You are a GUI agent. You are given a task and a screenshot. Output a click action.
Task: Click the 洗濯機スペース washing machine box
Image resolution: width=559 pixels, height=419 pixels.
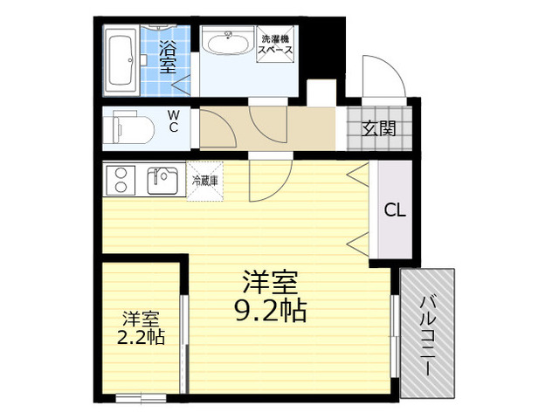pyautogui.click(x=275, y=45)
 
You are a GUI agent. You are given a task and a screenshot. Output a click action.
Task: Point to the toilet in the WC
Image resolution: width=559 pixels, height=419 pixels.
pyautogui.click(x=129, y=127)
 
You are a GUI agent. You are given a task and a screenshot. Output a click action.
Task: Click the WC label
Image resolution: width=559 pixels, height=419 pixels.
pyautogui.click(x=173, y=120)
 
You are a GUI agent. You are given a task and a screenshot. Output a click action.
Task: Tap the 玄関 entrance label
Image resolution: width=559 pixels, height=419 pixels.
pyautogui.click(x=378, y=128)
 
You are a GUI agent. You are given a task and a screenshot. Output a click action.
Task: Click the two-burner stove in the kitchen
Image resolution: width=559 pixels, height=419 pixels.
pyautogui.click(x=121, y=181)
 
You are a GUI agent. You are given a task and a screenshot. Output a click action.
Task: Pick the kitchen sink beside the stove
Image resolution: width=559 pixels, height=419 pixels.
pyautogui.click(x=162, y=180)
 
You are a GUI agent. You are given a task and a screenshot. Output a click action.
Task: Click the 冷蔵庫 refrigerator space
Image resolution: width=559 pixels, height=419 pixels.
pyautogui.click(x=205, y=181)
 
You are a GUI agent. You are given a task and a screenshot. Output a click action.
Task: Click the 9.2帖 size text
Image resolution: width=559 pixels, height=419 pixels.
pyautogui.click(x=270, y=311)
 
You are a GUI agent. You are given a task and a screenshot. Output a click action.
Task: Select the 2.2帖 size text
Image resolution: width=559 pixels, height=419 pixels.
pyautogui.click(x=141, y=337)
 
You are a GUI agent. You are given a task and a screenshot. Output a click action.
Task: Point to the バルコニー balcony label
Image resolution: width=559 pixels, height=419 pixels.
pyautogui.click(x=427, y=335)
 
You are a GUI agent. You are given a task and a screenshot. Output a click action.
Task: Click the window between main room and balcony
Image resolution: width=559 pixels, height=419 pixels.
pyautogui.click(x=395, y=335)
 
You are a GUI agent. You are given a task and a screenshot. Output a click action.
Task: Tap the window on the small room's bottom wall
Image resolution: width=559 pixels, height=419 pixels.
pyautogui.click(x=141, y=398)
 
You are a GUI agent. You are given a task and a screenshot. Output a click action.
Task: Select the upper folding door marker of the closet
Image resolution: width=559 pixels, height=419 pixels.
pyautogui.click(x=357, y=174)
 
